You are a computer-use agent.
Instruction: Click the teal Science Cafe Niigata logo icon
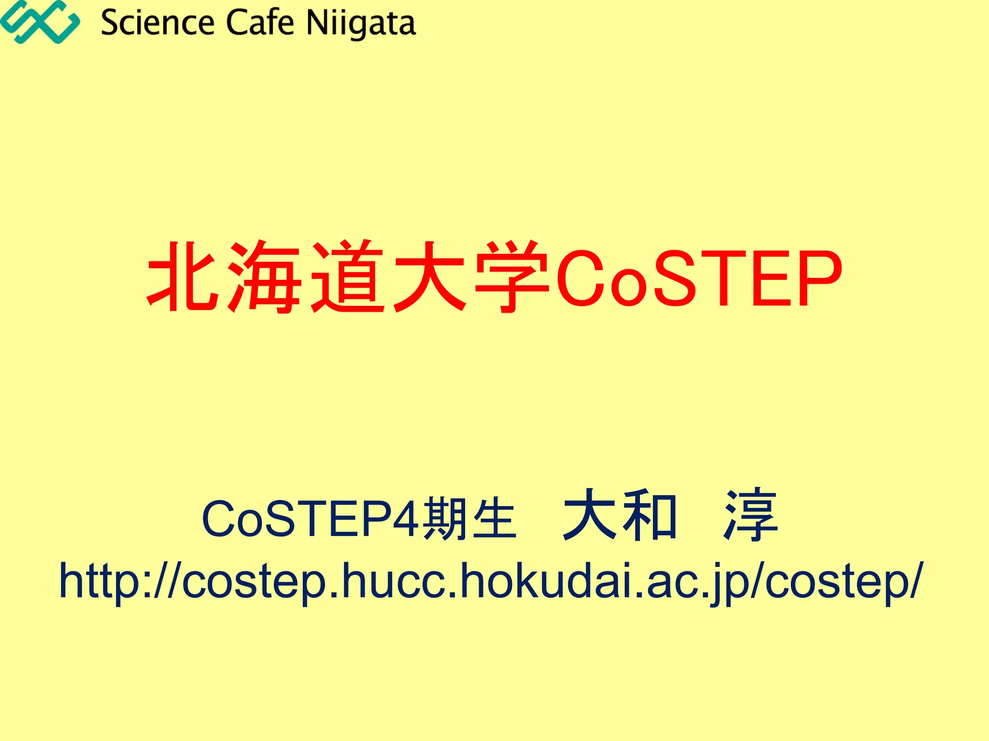[40, 22]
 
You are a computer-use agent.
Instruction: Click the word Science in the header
[157, 23]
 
